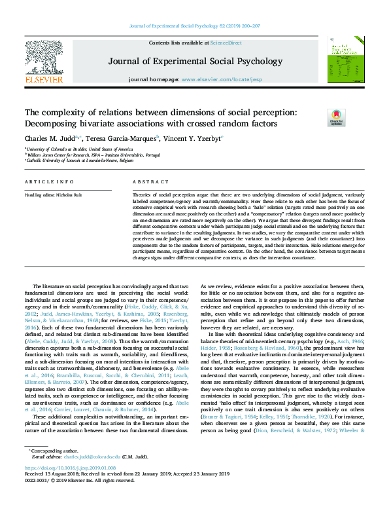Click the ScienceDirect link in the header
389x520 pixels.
point(226,42)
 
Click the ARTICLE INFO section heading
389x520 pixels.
point(48,181)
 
